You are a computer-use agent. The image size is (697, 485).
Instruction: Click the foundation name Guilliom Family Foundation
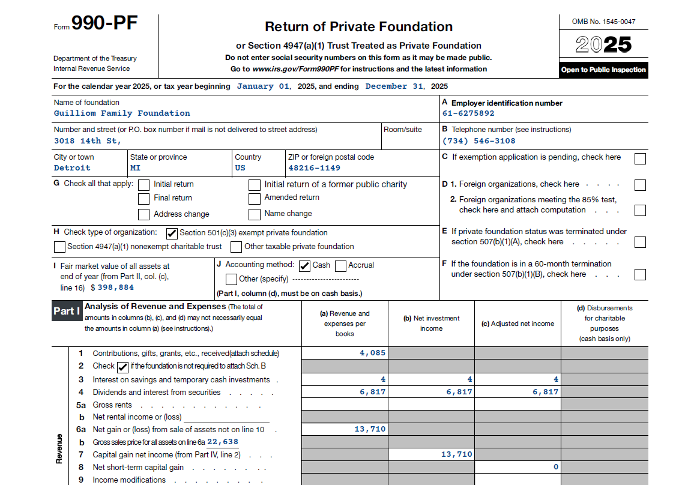point(122,113)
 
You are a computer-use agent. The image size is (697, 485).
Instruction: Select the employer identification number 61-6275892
point(468,113)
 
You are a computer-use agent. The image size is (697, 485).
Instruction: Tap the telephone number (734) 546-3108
point(478,141)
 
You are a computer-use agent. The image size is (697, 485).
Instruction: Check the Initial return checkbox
point(144,185)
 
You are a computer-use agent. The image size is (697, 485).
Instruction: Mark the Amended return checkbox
point(255,198)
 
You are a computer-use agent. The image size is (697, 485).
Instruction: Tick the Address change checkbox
point(144,214)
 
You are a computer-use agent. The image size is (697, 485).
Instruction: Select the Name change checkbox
point(255,214)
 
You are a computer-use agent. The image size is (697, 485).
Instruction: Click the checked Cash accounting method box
point(304,265)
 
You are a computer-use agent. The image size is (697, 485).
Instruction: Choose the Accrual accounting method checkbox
point(340,265)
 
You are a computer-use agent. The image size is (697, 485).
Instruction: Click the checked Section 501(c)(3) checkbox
point(172,233)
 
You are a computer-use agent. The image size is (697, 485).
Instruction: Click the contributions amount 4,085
point(373,353)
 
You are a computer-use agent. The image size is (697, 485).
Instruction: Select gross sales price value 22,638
point(223,442)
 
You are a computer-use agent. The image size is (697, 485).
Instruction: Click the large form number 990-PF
point(104,24)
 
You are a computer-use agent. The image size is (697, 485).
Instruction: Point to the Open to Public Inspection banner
point(603,70)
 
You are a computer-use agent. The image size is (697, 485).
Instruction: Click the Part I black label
point(67,311)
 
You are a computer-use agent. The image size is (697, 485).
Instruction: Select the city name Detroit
point(72,168)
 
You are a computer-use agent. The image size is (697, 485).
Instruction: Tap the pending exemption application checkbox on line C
point(640,158)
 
